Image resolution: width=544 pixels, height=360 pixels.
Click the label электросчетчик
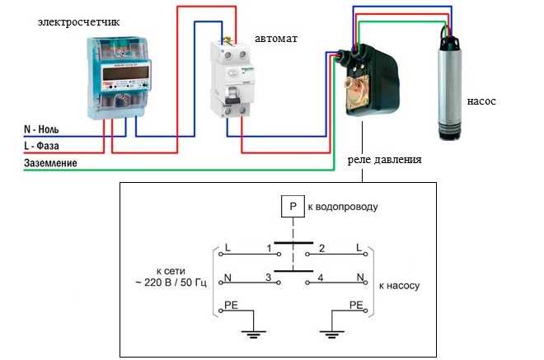pos(78,21)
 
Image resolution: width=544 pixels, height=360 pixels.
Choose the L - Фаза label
pos(46,146)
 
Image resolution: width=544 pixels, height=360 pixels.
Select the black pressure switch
pos(366,82)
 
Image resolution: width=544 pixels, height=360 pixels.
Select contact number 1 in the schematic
pos(269,247)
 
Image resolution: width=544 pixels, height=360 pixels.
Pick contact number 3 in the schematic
pos(269,278)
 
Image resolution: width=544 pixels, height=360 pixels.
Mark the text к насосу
pos(400,286)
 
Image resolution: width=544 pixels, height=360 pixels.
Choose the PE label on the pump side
pos(356,306)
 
